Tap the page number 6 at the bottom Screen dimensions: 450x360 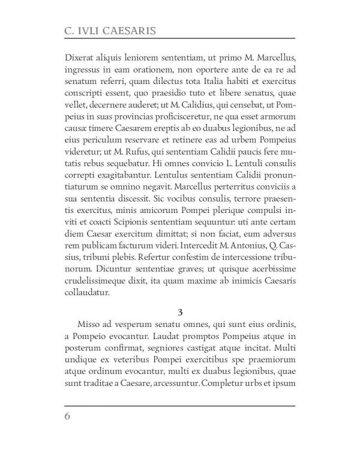(67, 416)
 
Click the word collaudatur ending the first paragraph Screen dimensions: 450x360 (86, 293)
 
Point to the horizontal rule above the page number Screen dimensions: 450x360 (179, 406)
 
